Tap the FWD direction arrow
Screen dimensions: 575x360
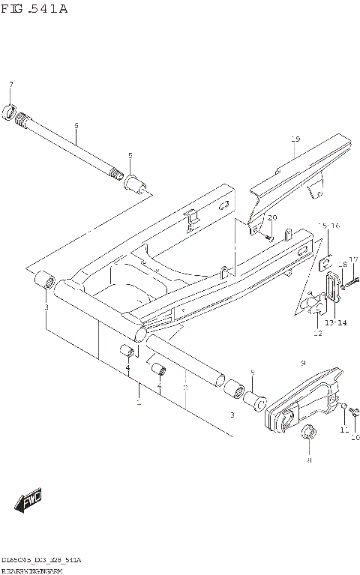[x=29, y=502]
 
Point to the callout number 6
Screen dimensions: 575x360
[x=76, y=127]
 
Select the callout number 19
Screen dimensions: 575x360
[x=295, y=140]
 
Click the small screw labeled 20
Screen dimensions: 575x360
[x=268, y=235]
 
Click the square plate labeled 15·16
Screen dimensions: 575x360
[x=327, y=263]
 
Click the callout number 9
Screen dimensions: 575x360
[x=304, y=363]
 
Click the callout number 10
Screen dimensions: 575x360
[x=355, y=438]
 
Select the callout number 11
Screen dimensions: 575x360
[x=344, y=430]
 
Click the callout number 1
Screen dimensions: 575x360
[x=138, y=404]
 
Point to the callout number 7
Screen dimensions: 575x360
[x=10, y=83]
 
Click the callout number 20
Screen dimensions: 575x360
[x=272, y=217]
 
